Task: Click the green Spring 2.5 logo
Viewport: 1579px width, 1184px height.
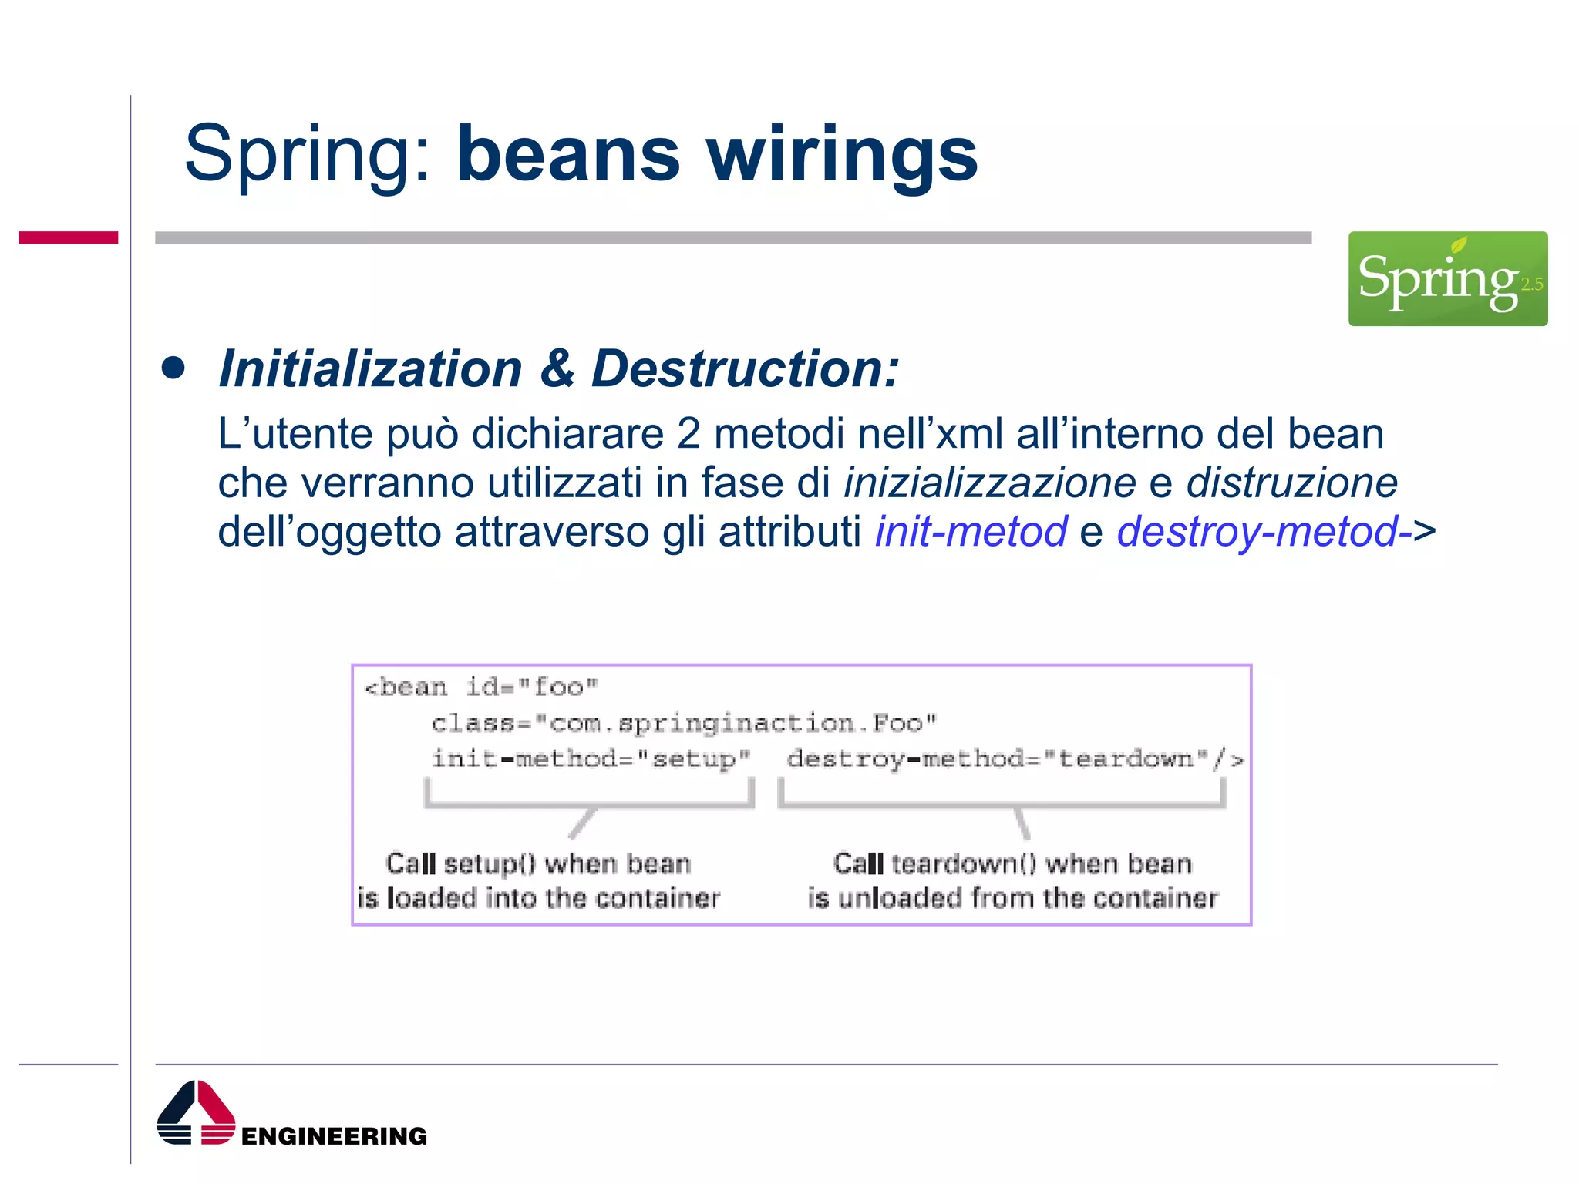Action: click(x=1447, y=278)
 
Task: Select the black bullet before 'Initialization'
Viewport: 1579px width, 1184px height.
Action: click(x=173, y=368)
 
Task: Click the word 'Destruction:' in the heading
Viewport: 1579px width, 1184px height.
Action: click(x=745, y=368)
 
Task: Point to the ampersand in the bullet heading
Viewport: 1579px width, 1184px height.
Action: click(x=557, y=368)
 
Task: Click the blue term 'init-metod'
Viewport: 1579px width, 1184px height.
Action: click(x=971, y=531)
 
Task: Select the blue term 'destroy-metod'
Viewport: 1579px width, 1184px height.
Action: click(x=1257, y=531)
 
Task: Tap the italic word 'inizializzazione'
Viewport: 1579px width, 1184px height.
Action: click(x=989, y=483)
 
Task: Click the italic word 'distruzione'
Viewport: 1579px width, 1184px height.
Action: click(x=1291, y=483)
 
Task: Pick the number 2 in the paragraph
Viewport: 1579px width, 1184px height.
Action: click(x=688, y=433)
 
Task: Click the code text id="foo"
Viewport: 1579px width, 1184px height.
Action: click(x=532, y=686)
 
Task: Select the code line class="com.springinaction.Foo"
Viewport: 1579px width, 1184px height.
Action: click(x=683, y=722)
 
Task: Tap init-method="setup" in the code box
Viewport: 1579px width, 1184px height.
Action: click(x=591, y=758)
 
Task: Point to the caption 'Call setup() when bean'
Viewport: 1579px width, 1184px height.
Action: click(x=538, y=863)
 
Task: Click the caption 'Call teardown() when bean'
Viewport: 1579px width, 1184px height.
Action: click(x=1012, y=863)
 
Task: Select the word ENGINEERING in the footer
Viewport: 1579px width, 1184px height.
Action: click(x=334, y=1135)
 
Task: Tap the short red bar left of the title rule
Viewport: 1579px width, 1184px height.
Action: click(x=68, y=237)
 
